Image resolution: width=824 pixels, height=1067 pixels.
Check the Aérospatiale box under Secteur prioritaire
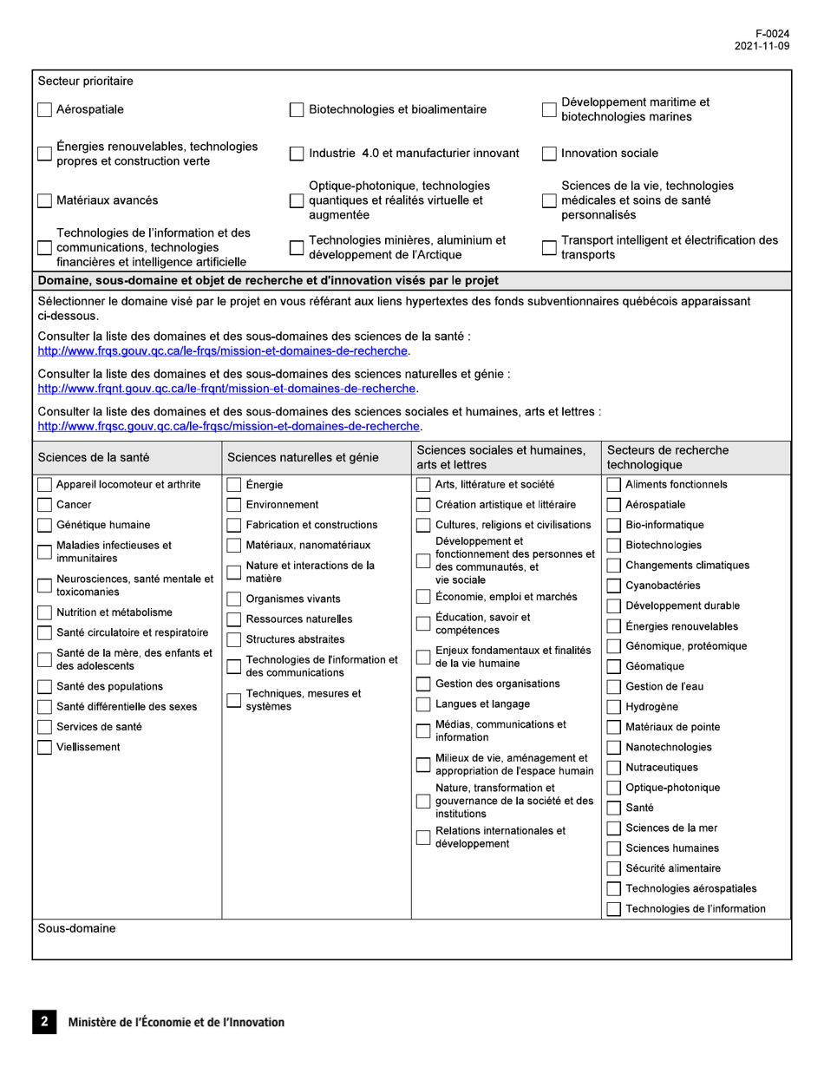point(45,110)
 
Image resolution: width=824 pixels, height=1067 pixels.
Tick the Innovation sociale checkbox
point(549,154)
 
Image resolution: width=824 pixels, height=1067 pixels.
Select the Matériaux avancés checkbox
point(45,200)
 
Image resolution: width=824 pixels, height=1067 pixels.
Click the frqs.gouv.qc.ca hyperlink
point(223,350)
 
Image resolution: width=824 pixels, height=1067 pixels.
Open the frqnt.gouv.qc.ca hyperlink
point(227,388)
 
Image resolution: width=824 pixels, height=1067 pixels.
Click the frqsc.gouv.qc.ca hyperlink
point(230,426)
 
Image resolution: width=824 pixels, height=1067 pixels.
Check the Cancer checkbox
point(45,505)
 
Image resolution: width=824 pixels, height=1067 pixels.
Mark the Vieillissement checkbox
point(45,747)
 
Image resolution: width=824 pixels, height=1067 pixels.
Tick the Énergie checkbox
point(234,485)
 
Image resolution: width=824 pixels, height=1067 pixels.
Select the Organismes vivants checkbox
point(234,599)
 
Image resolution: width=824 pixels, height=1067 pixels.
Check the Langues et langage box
point(423,704)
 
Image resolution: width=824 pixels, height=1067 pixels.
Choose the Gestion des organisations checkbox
point(423,684)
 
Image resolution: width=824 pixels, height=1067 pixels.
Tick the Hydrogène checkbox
point(614,707)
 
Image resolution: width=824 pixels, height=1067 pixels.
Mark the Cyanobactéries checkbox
point(614,586)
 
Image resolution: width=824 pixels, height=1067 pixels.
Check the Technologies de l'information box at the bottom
point(614,909)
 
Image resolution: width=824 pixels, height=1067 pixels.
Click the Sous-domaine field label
point(77,929)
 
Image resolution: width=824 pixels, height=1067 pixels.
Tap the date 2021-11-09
point(762,47)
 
